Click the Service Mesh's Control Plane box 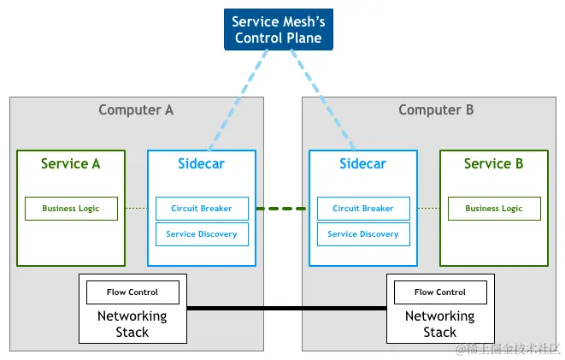coord(278,29)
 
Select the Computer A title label coord(136,109)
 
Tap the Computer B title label coord(436,109)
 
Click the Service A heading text coord(71,163)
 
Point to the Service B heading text coord(493,163)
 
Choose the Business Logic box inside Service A coord(71,209)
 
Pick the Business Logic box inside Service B coord(493,209)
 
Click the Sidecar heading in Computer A coord(201,163)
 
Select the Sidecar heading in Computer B coord(362,163)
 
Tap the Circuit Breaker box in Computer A coord(201,209)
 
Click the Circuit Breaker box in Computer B coord(362,209)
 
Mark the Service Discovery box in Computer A coord(201,234)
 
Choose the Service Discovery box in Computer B coord(362,234)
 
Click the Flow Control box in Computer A coord(132,292)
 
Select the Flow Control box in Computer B coord(440,292)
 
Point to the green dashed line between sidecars coord(282,209)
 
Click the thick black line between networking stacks coord(286,308)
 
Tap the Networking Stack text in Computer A coord(132,324)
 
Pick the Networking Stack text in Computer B coord(440,324)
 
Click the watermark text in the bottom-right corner coord(508,349)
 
